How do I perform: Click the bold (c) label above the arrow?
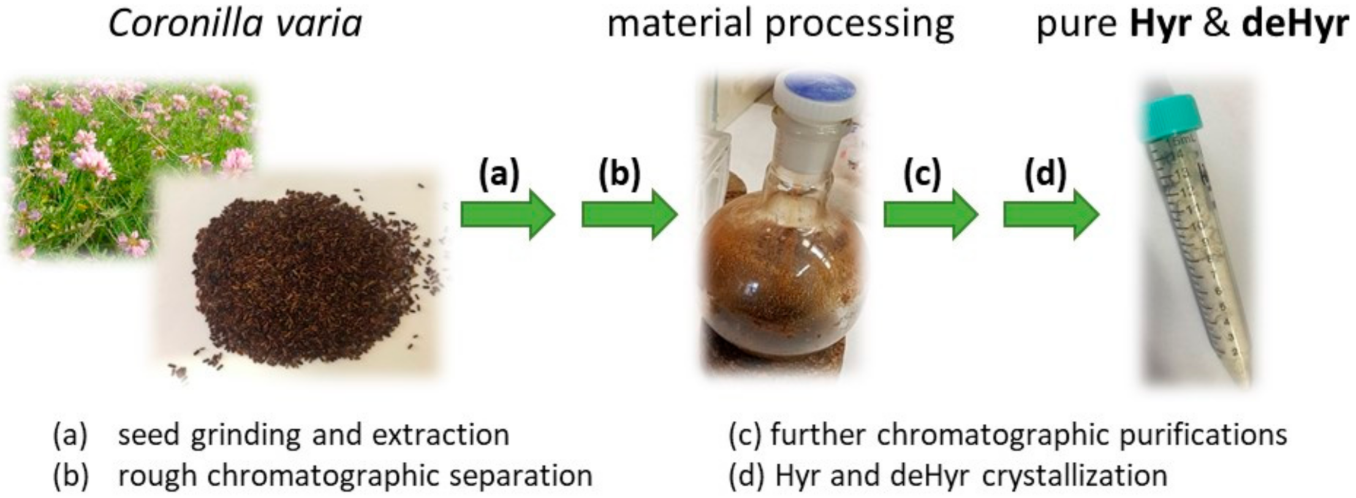[922, 174]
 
